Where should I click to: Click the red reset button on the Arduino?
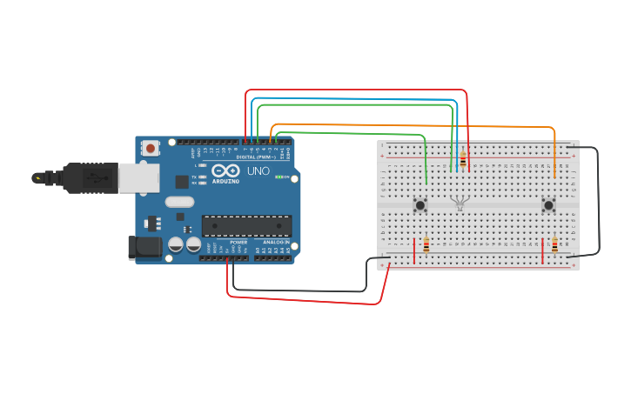(x=151, y=149)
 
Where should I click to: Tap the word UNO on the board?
(x=258, y=171)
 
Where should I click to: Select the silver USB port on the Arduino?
(x=138, y=177)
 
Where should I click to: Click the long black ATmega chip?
(x=246, y=226)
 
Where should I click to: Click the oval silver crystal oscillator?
(x=178, y=202)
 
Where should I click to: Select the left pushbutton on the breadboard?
(x=421, y=206)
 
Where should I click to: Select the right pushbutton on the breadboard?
(x=548, y=206)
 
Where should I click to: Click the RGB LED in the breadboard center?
(x=460, y=204)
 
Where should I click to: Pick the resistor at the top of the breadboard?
(x=462, y=160)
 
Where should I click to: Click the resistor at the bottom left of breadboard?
(x=426, y=245)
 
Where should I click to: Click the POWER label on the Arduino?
(x=238, y=242)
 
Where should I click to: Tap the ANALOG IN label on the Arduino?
(x=276, y=242)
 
